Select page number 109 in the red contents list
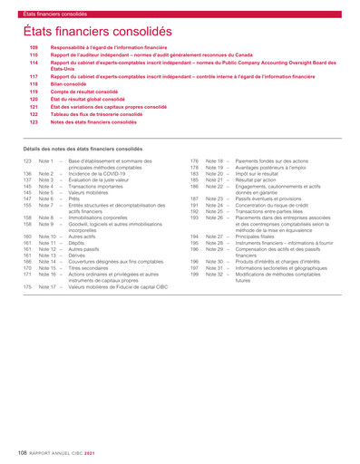[x=34, y=46]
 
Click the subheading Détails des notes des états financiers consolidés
[x=83, y=148]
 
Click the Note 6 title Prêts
[x=75, y=198]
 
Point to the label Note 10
[x=47, y=237]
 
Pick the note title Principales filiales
[x=236, y=237]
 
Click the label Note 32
[x=214, y=275]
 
